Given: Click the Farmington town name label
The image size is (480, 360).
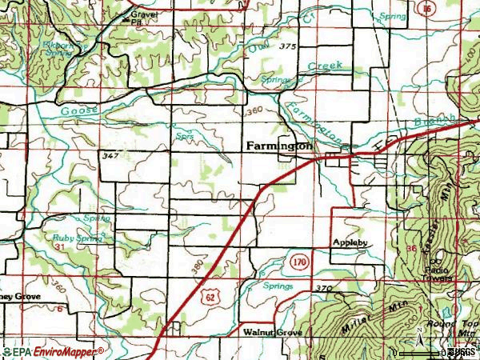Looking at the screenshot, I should (278, 146).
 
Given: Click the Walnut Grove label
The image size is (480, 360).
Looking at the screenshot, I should (270, 330).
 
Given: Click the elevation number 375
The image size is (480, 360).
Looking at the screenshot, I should (288, 46).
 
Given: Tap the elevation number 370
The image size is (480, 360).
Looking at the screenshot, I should (322, 288).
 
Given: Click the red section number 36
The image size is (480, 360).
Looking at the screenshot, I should (411, 249).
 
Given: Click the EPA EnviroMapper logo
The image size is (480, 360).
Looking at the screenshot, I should (53, 352).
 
